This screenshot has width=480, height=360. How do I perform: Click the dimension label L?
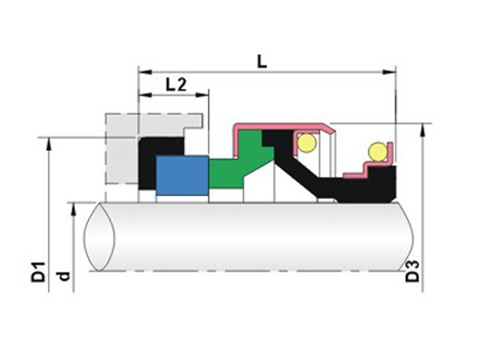(262, 62)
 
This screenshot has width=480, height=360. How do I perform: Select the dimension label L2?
(176, 84)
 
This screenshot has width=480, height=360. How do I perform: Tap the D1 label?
(38, 273)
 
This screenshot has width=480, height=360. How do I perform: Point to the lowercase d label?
(64, 277)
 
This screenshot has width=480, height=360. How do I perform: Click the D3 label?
(412, 271)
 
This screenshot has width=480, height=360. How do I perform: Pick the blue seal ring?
(182, 175)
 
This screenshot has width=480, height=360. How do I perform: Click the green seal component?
(241, 162)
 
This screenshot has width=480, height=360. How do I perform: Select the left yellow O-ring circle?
(307, 142)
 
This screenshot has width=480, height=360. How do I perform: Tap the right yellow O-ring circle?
(378, 152)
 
